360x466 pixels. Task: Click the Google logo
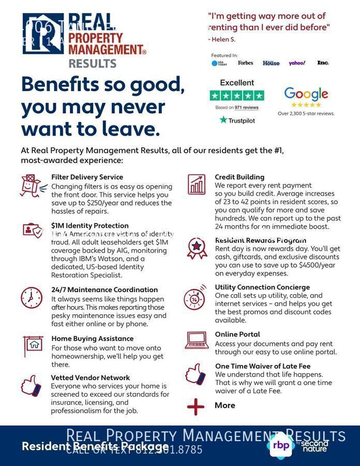pos(306,94)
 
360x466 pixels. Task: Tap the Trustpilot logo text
pos(237,120)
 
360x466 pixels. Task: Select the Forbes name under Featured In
pos(246,63)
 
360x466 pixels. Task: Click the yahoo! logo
pos(297,63)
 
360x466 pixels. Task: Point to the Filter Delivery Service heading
pos(87,177)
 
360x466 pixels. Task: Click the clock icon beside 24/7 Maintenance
pos(32,298)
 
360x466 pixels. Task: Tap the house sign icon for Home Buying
pos(33,345)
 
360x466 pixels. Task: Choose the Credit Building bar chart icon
pos(197,184)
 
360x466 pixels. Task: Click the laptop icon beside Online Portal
pos(197,340)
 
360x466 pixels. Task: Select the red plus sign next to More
pos(196,406)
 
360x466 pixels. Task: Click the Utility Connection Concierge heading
pos(262,287)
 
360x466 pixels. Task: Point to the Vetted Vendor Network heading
pos(90,378)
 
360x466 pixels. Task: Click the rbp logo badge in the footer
pos(280,445)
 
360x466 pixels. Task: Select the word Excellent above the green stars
pos(237,83)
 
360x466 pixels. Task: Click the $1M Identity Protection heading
pos(89,226)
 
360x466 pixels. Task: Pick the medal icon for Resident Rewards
pos(197,248)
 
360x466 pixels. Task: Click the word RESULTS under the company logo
pos(92,64)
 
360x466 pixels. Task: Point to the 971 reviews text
pos(246,108)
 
